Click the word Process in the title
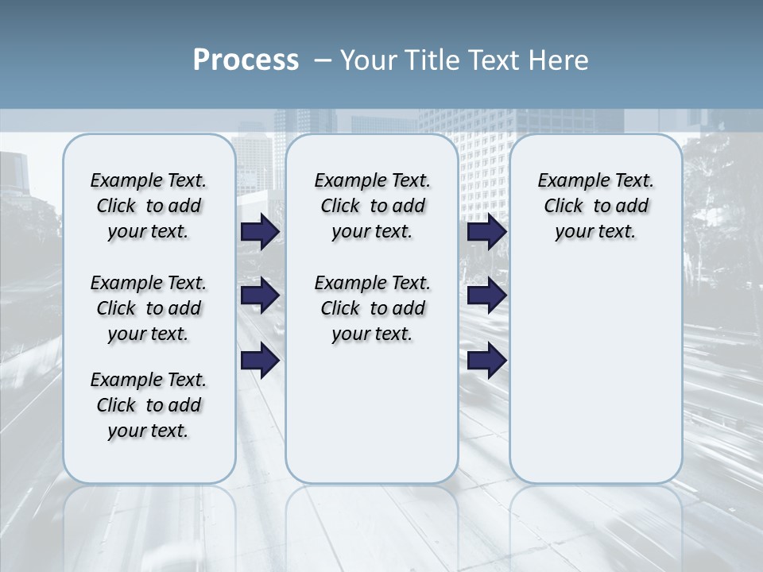tap(246, 60)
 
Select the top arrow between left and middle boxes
tap(260, 232)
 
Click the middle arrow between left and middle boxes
tap(260, 296)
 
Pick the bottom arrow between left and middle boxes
tap(260, 361)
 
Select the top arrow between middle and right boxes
tap(486, 232)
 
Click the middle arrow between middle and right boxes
tap(486, 296)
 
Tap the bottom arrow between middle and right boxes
tap(486, 361)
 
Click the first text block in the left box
tap(149, 206)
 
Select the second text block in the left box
tap(149, 308)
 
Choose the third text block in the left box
tap(149, 405)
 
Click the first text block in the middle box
tap(372, 206)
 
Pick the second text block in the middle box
tap(372, 308)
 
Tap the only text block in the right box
tap(595, 206)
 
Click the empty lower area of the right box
tap(595, 365)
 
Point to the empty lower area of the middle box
tap(372, 413)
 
